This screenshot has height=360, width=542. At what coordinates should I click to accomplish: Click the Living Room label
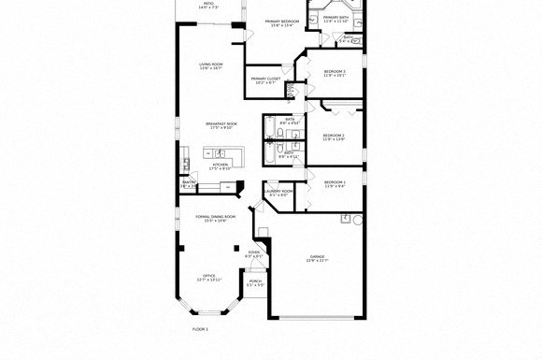[210, 65]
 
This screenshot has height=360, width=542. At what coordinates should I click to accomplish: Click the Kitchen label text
[221, 166]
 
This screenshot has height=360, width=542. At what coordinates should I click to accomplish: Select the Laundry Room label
[278, 193]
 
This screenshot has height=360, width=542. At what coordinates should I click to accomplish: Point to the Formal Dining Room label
[215, 218]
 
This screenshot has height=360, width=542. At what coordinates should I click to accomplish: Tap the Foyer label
[253, 253]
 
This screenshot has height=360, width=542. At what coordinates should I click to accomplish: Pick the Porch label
[255, 281]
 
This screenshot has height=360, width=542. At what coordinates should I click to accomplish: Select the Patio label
[208, 5]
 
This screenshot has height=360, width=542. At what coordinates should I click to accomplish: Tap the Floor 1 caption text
[200, 329]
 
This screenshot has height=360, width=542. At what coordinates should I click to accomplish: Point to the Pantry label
[189, 183]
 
